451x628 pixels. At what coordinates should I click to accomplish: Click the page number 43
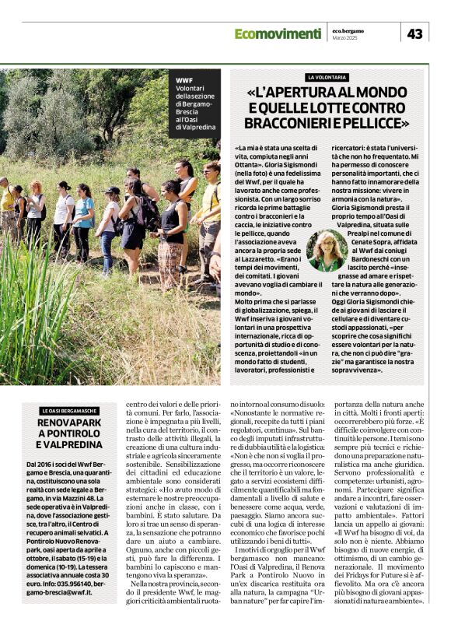point(414,33)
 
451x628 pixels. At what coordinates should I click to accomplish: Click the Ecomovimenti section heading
point(277,33)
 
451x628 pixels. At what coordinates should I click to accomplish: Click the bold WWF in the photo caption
point(184,80)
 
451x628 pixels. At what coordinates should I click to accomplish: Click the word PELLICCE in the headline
point(377,123)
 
